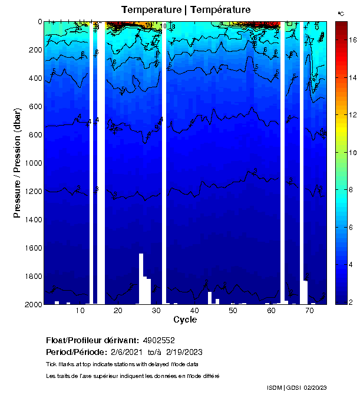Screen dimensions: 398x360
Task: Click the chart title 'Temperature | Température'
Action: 186,10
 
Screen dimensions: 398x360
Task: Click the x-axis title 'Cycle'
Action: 185,320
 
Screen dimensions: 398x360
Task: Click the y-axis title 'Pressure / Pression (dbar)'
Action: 17,163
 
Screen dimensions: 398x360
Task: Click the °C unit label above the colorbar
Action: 341,13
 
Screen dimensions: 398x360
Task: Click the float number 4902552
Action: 157,340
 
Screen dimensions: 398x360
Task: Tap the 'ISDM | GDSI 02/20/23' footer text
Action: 296,387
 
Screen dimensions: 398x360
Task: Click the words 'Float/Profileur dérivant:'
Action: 91,340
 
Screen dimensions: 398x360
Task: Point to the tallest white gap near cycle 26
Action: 141,277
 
